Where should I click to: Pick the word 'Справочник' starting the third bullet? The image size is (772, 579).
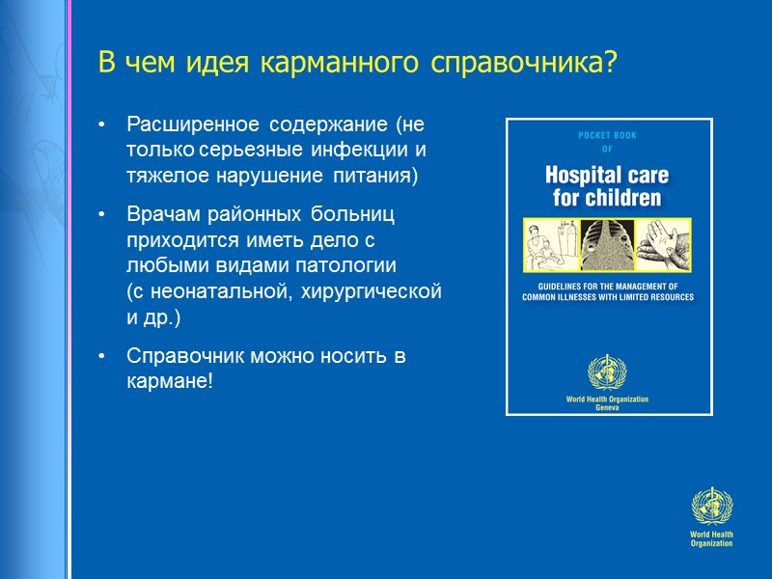pyautogui.click(x=180, y=355)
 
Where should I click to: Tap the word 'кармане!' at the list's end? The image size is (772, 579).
pyautogui.click(x=169, y=380)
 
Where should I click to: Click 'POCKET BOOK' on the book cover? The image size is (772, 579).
pyautogui.click(x=608, y=136)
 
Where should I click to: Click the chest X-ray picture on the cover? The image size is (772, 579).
pyautogui.click(x=608, y=247)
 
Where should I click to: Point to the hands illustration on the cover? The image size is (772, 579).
pyautogui.click(x=667, y=245)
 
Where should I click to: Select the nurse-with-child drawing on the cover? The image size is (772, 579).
pyautogui.click(x=548, y=247)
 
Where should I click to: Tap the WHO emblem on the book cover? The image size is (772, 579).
pyautogui.click(x=608, y=372)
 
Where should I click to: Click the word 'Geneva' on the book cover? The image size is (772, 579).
pyautogui.click(x=608, y=408)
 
